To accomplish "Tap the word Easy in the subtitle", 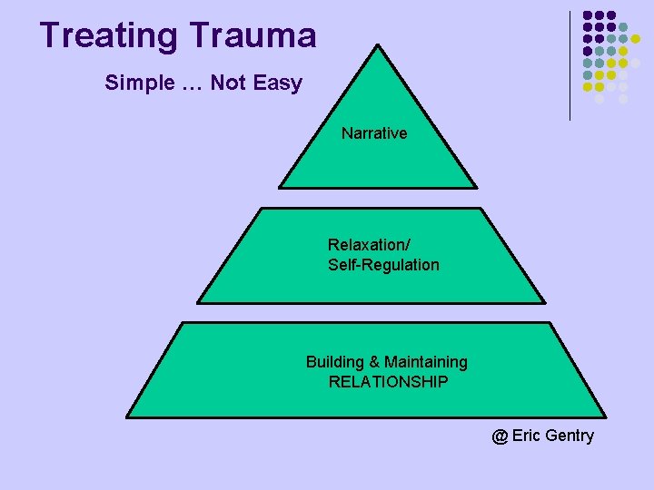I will [x=278, y=83].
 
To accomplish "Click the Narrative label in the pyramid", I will [x=374, y=133].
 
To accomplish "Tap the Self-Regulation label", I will [x=383, y=265].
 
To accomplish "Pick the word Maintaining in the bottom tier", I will [x=425, y=362].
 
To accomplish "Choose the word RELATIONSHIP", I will [x=388, y=382].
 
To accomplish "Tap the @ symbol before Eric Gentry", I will [x=500, y=436].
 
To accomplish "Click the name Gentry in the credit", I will [x=570, y=436].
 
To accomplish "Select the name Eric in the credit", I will [x=526, y=436].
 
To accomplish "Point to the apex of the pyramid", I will [x=376, y=44].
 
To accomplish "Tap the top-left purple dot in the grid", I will [x=588, y=15].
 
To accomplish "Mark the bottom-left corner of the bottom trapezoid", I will [x=126, y=417].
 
